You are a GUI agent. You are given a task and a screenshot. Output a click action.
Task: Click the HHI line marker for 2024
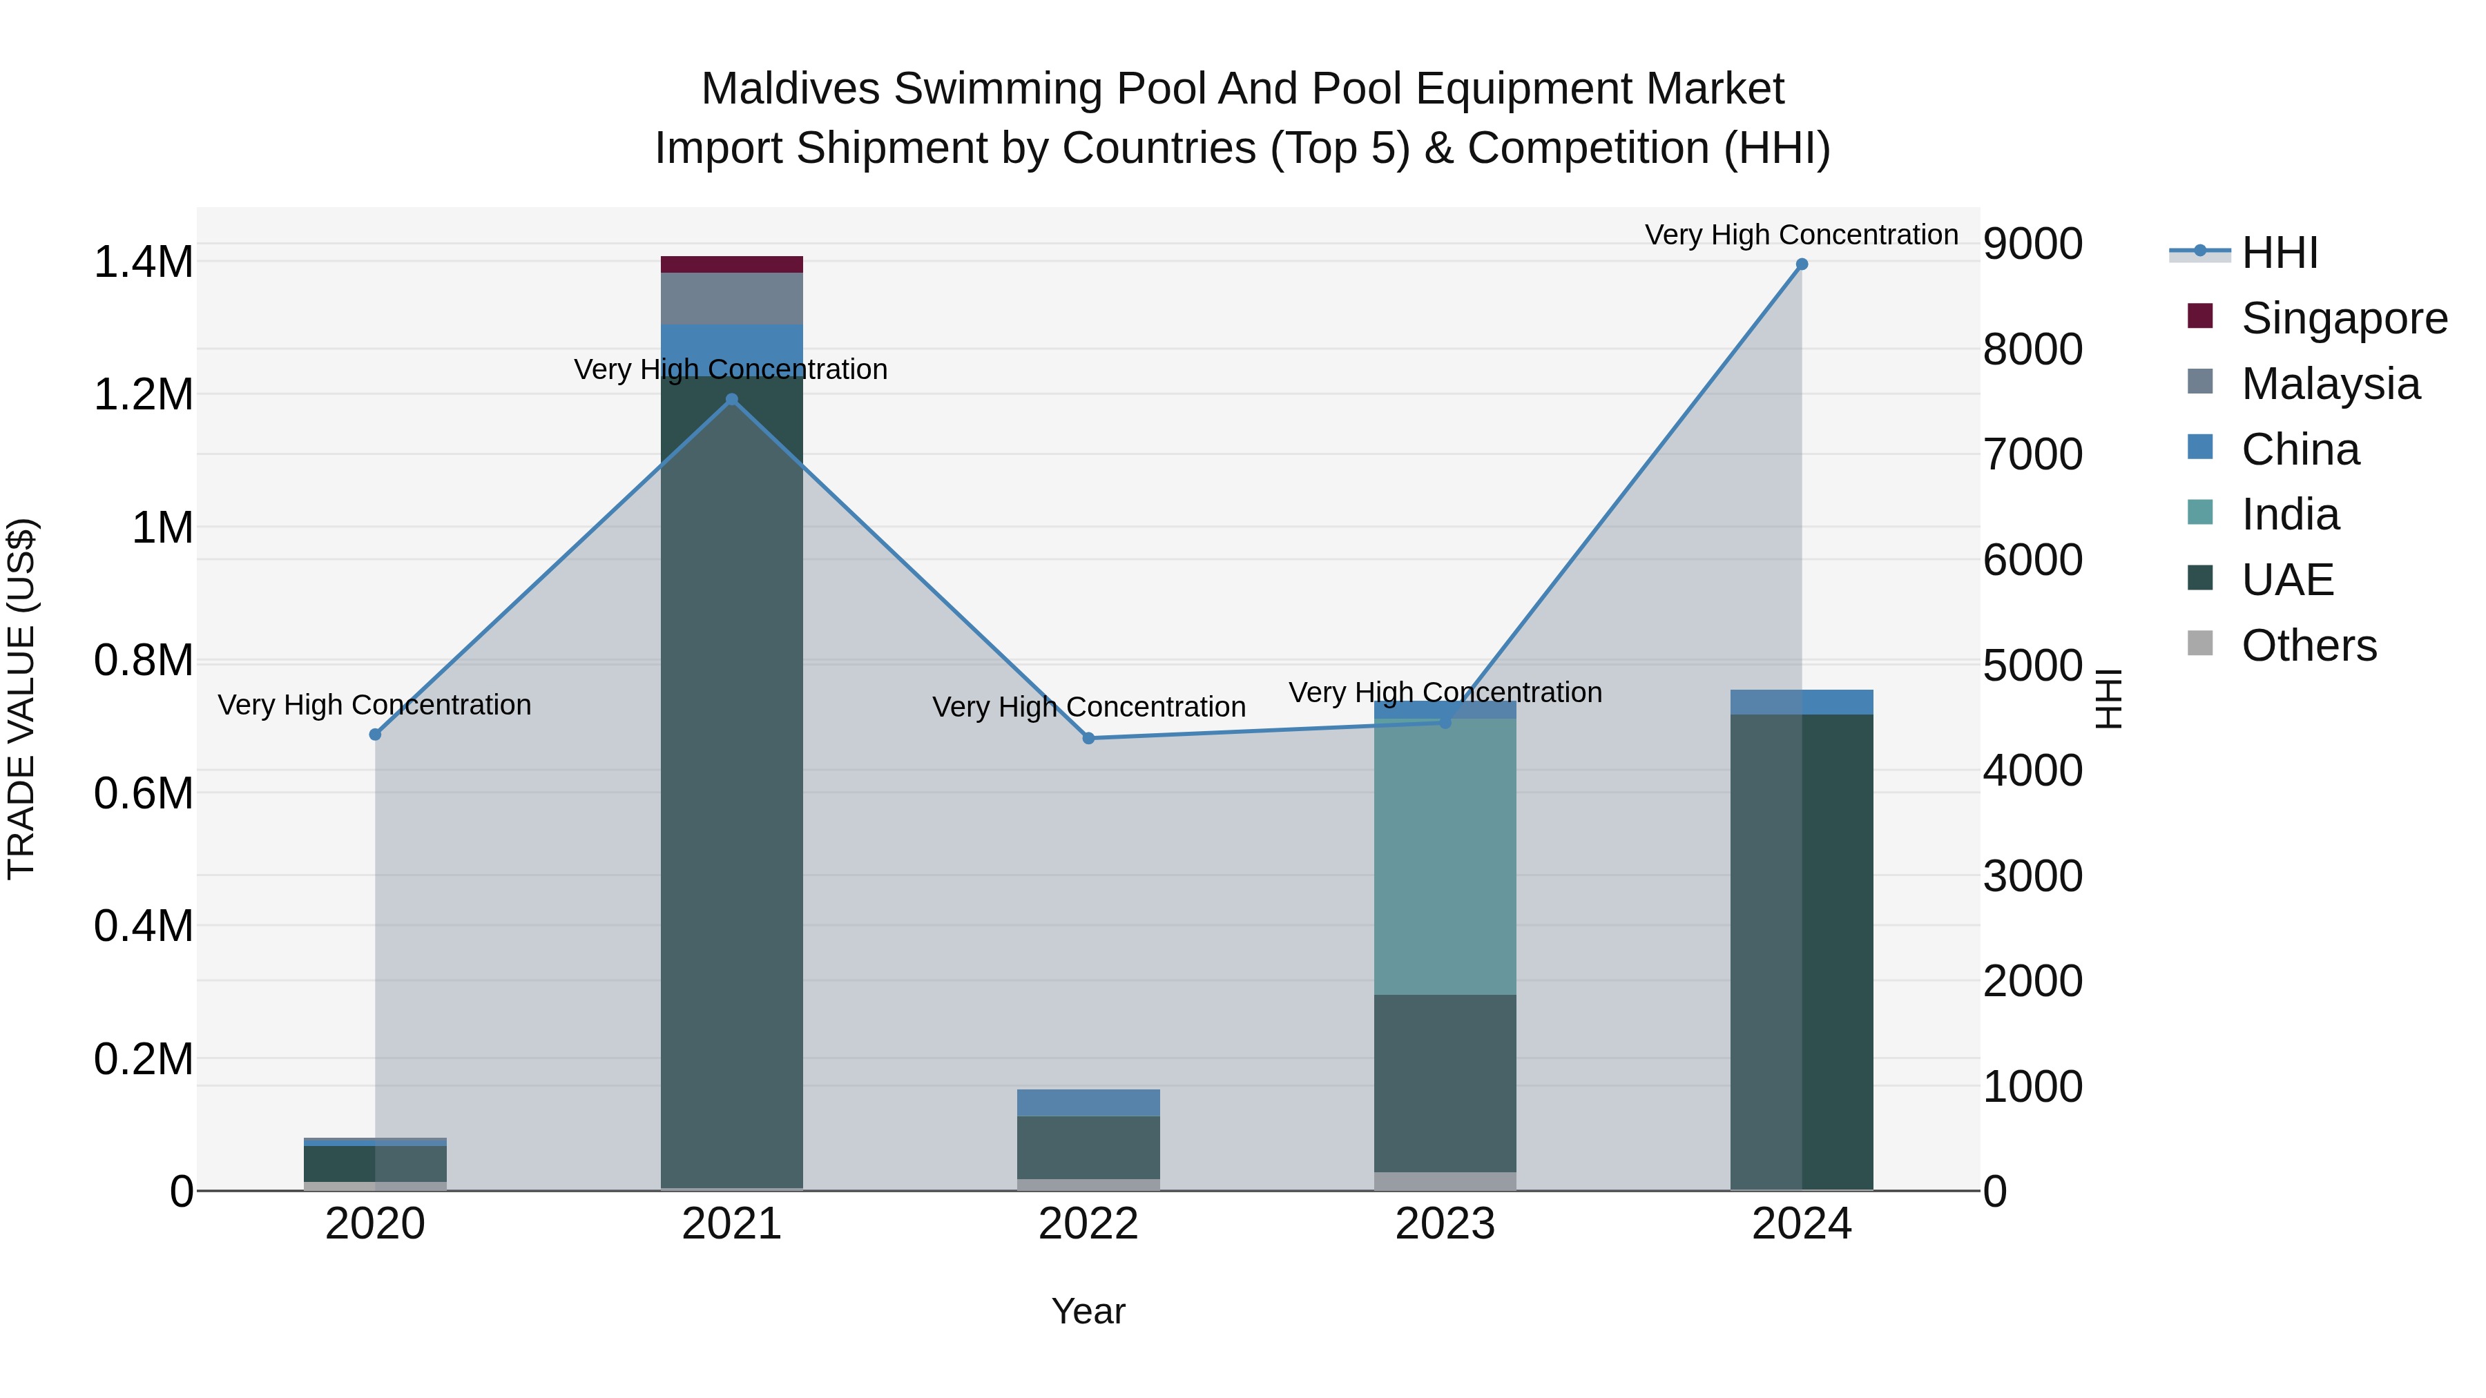[x=1801, y=264]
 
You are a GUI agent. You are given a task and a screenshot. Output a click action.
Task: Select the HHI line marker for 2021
[x=731, y=400]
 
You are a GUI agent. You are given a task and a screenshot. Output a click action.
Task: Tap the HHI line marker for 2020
[x=376, y=735]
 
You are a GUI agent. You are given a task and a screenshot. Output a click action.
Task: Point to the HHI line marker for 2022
[x=1088, y=738]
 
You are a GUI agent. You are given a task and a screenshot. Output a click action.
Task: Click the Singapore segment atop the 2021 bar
[x=731, y=264]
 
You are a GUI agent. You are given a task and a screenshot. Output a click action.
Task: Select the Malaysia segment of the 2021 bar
[x=731, y=298]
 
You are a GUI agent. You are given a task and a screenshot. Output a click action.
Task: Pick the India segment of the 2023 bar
[x=1445, y=856]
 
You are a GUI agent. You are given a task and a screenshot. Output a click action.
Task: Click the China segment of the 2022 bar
[x=1088, y=1102]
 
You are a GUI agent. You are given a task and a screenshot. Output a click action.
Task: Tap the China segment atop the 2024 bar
[x=1801, y=701]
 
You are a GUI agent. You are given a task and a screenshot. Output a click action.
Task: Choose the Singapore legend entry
[x=2343, y=318]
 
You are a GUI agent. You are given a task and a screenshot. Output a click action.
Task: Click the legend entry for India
[x=2289, y=514]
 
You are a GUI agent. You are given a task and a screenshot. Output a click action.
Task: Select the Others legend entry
[x=2309, y=645]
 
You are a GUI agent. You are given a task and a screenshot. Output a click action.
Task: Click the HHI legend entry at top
[x=2279, y=253]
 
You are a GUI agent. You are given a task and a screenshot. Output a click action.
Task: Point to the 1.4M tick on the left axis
[x=143, y=262]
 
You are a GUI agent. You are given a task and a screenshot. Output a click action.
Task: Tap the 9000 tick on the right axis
[x=2032, y=244]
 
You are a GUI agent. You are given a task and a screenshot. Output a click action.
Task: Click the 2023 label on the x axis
[x=1445, y=1224]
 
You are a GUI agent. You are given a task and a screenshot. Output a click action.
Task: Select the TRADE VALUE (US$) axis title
[x=22, y=699]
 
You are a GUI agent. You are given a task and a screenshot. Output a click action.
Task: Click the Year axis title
[x=1088, y=1311]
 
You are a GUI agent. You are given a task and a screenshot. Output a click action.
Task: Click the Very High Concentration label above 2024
[x=1801, y=235]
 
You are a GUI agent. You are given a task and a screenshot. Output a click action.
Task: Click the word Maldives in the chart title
[x=789, y=89]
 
